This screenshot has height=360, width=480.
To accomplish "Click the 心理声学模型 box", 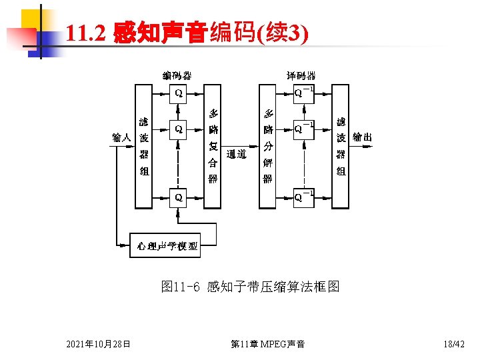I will tap(167, 247).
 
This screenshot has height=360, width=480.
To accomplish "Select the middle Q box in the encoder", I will tap(179, 128).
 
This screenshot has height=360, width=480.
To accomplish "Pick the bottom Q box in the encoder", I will tap(179, 198).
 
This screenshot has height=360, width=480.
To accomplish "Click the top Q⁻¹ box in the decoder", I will tap(305, 94).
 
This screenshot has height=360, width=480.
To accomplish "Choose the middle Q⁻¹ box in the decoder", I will tap(305, 128).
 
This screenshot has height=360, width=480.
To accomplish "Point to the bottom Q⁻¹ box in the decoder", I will tap(305, 198).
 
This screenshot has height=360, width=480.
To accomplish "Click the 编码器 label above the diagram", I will tap(177, 76).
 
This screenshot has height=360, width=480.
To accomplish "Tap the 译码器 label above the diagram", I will tap(301, 76).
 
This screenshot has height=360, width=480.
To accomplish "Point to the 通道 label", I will tap(237, 155).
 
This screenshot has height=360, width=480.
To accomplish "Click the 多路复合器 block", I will tap(213, 145).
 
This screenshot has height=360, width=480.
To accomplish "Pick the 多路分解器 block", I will tap(267, 145).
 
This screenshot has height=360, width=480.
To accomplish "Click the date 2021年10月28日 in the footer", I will tap(98, 344).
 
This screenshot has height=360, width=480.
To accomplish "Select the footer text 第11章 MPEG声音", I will tap(267, 344).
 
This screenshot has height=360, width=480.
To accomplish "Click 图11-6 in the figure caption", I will tap(181, 287).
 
